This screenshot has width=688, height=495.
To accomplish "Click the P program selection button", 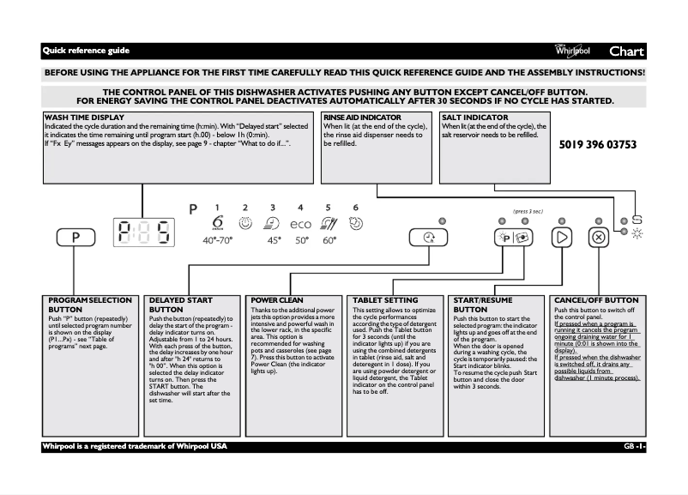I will tap(75, 238).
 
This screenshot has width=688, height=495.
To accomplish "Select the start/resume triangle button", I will tap(562, 238).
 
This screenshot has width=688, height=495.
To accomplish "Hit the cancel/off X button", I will tap(599, 238).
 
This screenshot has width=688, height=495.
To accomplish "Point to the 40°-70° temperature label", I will tap(217, 241).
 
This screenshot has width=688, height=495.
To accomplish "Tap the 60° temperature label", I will tap(329, 241).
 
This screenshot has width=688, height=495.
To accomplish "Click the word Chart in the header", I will tap(626, 51).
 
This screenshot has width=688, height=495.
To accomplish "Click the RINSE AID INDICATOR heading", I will tap(362, 117).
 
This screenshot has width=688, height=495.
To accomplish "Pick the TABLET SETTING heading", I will tap(386, 300).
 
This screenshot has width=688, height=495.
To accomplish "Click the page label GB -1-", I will tap(634, 447).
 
